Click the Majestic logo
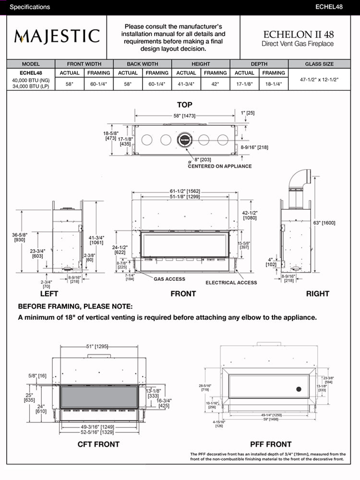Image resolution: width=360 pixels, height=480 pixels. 57,36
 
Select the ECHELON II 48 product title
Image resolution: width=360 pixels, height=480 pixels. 299,35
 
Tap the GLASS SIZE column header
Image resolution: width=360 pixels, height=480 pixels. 319,64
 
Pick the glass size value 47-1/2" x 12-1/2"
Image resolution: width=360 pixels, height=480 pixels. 319,80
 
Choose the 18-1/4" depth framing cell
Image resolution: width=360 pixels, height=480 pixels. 274,84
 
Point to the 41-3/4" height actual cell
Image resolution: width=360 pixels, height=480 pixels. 186,84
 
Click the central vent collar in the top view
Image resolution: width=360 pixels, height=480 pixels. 185,140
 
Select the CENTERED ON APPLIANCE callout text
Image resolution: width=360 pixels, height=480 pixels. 220,166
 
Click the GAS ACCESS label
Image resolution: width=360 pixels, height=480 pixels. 169,279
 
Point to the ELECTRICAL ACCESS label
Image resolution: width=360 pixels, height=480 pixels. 231,283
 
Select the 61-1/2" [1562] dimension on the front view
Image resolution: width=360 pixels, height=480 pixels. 184,191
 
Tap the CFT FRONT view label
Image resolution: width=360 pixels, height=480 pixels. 98,444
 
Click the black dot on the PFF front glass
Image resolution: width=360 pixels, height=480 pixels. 298,389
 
